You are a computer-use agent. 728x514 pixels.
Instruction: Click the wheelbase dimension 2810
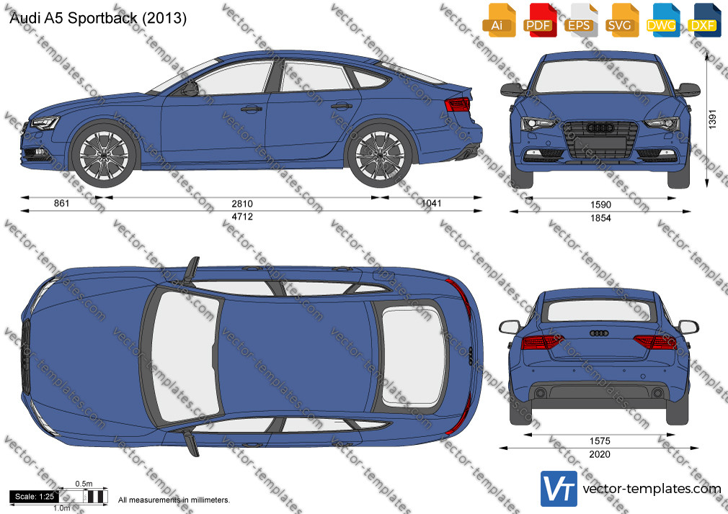pos(242,204)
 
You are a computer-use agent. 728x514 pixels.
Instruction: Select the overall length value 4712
pos(242,217)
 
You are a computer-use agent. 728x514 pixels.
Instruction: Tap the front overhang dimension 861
pos(62,203)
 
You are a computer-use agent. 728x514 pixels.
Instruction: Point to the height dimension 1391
pos(713,120)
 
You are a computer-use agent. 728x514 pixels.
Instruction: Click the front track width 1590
pos(600,204)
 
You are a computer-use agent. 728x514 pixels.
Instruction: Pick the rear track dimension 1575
pos(600,441)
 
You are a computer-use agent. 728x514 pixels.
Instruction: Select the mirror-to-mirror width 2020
pos(600,455)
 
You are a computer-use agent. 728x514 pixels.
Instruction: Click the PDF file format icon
pos(538,20)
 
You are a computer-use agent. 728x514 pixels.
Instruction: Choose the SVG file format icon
pos(621,20)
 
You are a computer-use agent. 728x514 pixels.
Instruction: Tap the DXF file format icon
pos(704,20)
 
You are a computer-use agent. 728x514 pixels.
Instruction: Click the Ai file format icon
pos(498,20)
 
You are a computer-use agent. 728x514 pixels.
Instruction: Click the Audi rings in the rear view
pos(599,333)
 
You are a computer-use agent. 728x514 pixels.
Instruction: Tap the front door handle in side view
pos(251,109)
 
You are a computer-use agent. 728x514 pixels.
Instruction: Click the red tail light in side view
pos(458,105)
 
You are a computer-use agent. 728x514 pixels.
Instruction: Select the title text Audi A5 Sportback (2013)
pos(98,18)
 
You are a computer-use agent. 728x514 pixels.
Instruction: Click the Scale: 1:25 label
pos(35,497)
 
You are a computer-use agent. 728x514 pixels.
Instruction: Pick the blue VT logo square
pos(559,489)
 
